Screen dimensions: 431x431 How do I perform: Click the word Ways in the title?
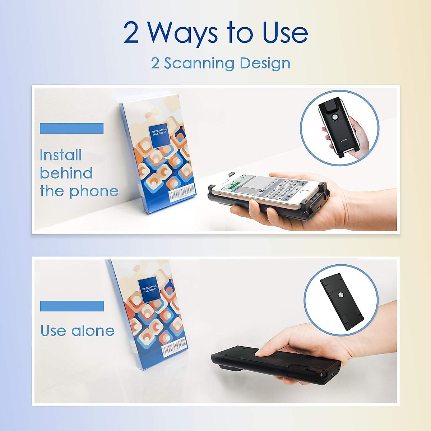pos(183,33)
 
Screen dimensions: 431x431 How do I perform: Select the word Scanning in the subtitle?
pos(199,63)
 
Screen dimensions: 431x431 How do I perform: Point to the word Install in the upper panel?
pos(60,155)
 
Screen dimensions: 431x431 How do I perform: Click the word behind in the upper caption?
pos(66,173)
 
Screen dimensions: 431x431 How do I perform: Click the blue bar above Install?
pos(71,128)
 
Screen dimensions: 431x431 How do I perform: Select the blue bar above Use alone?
pos(72,306)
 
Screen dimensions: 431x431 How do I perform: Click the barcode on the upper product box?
pos(183,193)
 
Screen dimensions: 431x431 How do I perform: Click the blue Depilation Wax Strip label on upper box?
pos(159,136)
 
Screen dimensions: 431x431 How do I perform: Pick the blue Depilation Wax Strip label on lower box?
pos(149,289)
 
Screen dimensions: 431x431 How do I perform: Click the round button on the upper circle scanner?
pos(335,117)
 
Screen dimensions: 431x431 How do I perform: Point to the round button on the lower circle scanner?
pos(340,295)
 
